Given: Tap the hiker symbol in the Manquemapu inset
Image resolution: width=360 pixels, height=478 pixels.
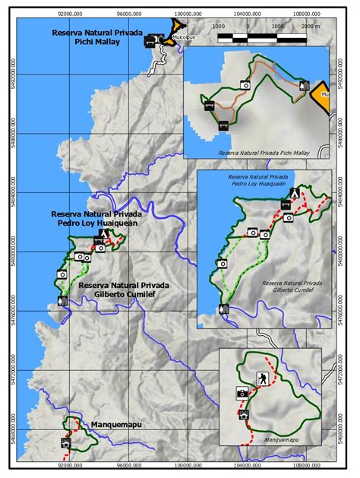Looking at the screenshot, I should pyautogui.click(x=261, y=378).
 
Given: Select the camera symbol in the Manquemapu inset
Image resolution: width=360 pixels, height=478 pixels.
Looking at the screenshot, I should pyautogui.click(x=242, y=393).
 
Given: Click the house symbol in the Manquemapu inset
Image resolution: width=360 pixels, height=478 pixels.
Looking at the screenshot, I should pyautogui.click(x=244, y=415).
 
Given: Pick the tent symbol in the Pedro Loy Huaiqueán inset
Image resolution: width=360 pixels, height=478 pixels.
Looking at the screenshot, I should pyautogui.click(x=294, y=193).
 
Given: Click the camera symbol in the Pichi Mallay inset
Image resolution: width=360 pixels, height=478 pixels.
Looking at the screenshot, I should pyautogui.click(x=245, y=84).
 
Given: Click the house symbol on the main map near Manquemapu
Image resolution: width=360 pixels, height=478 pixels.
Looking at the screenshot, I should pyautogui.click(x=66, y=443).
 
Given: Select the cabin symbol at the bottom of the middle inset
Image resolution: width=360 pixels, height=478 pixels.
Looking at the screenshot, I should pyautogui.click(x=224, y=309).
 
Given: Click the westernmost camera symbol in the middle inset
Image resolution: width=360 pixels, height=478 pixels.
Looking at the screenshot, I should pyautogui.click(x=223, y=264).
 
